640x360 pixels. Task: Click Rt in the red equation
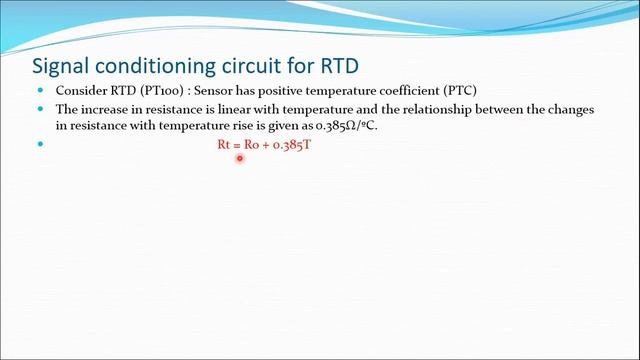pyautogui.click(x=224, y=145)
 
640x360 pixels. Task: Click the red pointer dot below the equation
pyautogui.click(x=240, y=158)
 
